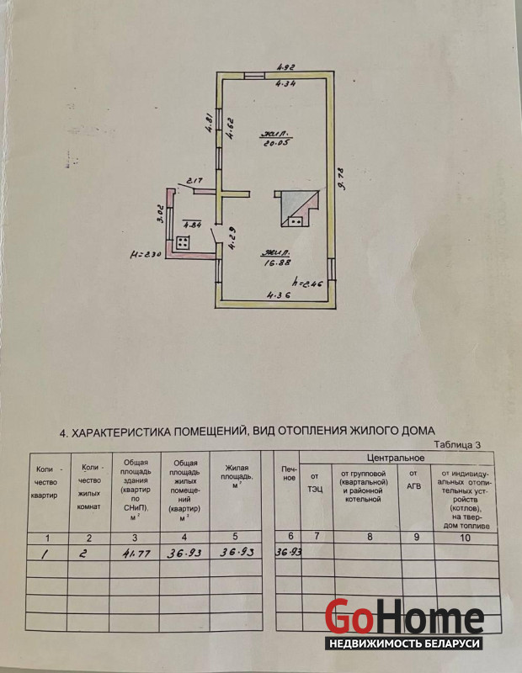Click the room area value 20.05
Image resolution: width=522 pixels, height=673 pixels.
tap(274, 142)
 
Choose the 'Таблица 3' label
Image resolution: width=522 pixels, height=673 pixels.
tap(458, 444)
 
